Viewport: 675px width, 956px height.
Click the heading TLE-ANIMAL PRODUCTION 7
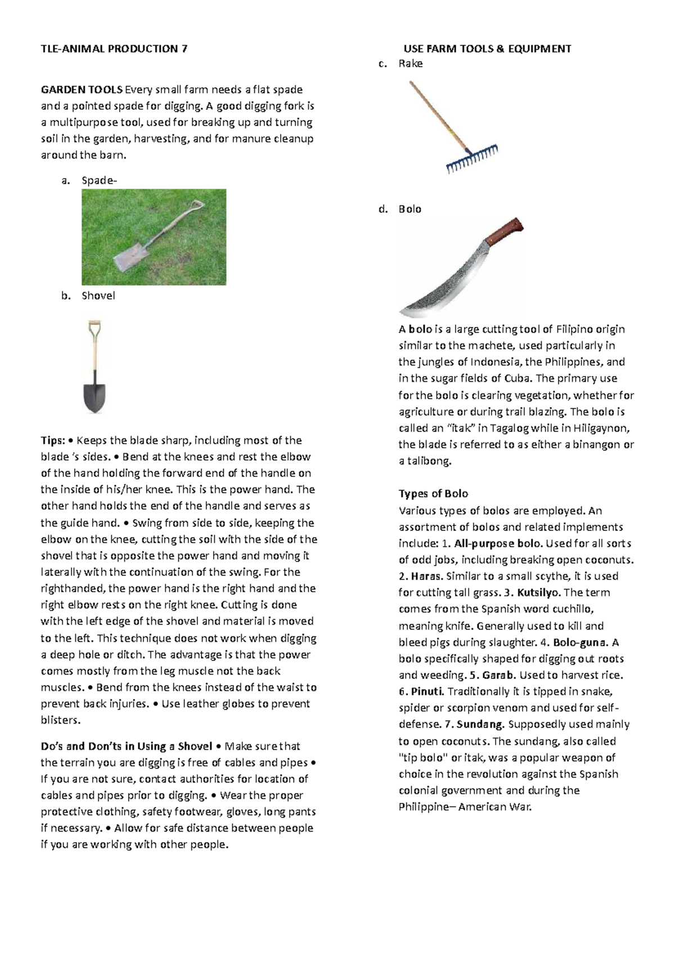pos(114,49)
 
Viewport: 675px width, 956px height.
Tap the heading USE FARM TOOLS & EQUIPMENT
pos(487,49)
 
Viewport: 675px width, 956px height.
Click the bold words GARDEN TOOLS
pos(82,90)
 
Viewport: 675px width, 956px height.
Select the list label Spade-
pos(100,180)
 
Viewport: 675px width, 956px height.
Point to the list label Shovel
pos(98,296)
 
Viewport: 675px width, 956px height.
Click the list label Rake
pos(411,64)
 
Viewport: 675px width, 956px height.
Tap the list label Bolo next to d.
pos(410,209)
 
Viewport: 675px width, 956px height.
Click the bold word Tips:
pos(53,440)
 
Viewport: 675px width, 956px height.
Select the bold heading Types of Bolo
pos(433,494)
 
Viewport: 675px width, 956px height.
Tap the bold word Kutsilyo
pos(538,592)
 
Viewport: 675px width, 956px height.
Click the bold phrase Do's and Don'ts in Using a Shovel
pos(126,746)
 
